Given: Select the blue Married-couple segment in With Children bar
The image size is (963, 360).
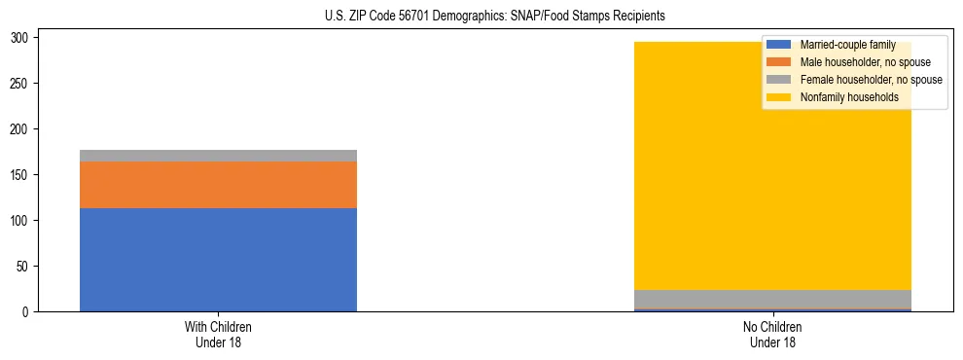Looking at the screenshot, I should (x=218, y=260).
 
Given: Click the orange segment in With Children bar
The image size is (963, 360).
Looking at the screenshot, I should (x=218, y=185).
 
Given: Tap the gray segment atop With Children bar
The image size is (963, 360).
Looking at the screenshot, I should (x=218, y=156).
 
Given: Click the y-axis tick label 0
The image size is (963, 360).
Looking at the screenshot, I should (x=27, y=312).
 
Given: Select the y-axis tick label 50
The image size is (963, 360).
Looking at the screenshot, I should (x=24, y=267).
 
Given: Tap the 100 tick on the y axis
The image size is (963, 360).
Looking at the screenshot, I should (x=21, y=221).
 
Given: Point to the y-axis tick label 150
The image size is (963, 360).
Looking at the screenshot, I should (x=21, y=175).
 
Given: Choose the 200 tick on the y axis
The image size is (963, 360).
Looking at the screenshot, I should (x=21, y=129).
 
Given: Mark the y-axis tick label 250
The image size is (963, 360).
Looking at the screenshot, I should (x=21, y=84).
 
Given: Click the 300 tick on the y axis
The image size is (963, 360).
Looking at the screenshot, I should (x=21, y=38).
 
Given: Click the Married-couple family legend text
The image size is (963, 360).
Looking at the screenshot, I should (x=842, y=46).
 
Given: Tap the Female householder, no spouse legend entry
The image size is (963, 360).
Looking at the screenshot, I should (x=871, y=80).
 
